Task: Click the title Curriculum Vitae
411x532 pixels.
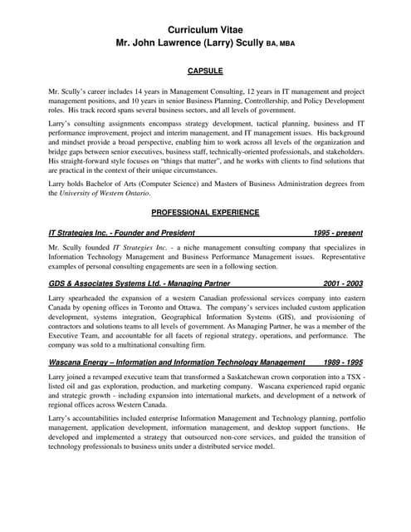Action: pyautogui.click(x=205, y=30)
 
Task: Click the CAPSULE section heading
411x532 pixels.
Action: pyautogui.click(x=205, y=71)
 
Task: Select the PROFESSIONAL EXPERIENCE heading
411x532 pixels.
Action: pyautogui.click(x=205, y=213)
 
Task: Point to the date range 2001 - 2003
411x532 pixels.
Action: pyautogui.click(x=342, y=283)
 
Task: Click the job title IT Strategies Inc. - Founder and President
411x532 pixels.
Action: pyautogui.click(x=122, y=233)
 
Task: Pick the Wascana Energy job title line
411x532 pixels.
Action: pyautogui.click(x=177, y=362)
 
